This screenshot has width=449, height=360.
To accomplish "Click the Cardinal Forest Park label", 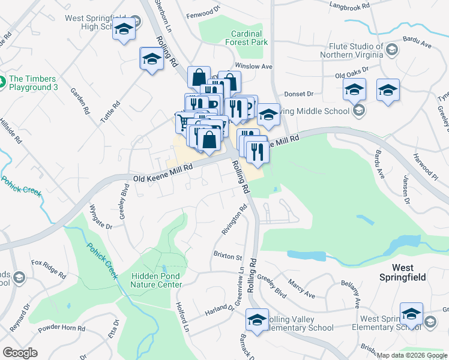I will click(247, 38).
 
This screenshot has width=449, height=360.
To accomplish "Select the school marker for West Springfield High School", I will click(124, 30).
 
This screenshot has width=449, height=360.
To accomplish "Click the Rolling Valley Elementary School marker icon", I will click(258, 320).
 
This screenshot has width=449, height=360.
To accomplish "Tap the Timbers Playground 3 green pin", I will click(3, 80).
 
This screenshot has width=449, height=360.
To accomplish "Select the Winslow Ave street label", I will click(254, 66).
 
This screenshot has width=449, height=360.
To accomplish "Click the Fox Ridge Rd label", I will click(49, 267).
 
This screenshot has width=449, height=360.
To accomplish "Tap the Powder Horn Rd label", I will click(62, 329).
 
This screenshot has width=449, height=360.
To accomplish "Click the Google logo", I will click(20, 352).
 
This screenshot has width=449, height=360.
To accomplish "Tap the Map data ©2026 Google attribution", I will click(412, 355).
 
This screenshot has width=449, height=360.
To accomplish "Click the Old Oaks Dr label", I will click(351, 76).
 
